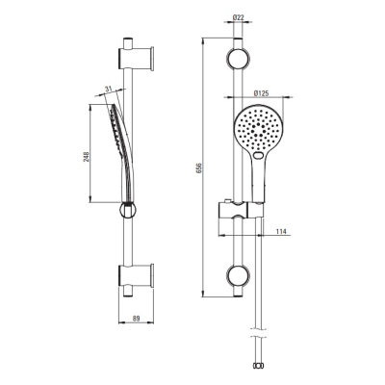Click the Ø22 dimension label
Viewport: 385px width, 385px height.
(x=238, y=17)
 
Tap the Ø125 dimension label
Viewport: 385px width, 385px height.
(x=261, y=93)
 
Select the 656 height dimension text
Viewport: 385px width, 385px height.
(x=198, y=168)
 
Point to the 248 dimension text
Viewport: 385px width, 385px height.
(x=87, y=157)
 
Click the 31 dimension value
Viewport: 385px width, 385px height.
(x=108, y=89)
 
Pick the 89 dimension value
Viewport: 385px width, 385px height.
(x=137, y=319)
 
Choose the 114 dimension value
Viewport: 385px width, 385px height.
(x=281, y=231)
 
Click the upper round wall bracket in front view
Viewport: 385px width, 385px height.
(x=238, y=59)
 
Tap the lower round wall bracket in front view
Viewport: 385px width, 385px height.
(x=238, y=275)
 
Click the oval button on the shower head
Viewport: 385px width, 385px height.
(x=258, y=156)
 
